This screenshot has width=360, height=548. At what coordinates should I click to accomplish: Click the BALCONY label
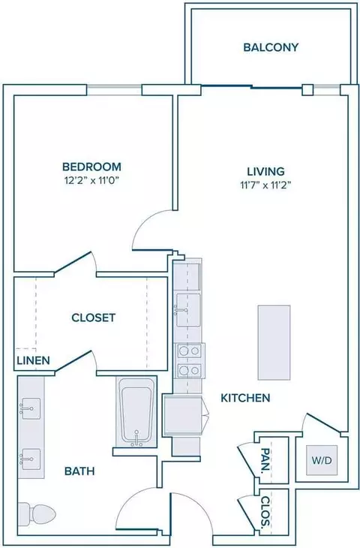tap(271, 47)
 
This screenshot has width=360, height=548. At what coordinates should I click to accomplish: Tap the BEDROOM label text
tap(91, 167)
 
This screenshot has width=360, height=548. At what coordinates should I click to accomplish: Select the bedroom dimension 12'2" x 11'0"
tap(91, 180)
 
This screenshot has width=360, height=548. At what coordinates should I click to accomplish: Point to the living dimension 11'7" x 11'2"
tap(265, 185)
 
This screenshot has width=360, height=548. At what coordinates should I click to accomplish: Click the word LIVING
tap(265, 171)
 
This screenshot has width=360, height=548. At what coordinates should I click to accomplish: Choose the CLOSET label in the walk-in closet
tap(93, 318)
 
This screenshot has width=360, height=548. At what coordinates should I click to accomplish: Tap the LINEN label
tap(34, 360)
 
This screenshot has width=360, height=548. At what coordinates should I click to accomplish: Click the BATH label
tap(79, 471)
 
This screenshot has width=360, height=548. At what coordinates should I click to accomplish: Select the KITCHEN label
tap(245, 398)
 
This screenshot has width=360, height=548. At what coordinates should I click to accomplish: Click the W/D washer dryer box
tap(322, 460)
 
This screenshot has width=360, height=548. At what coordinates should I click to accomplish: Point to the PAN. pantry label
tap(265, 460)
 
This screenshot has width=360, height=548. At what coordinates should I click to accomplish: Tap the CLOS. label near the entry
tap(265, 511)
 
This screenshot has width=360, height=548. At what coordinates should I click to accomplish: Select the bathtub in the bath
tap(136, 411)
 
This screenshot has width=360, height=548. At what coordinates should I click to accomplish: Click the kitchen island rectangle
tap(274, 342)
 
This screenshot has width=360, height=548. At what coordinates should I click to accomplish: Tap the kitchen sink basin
tap(188, 309)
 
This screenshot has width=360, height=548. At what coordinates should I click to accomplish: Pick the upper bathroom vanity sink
tap(31, 408)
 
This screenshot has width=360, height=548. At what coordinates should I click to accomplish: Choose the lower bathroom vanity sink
tap(31, 459)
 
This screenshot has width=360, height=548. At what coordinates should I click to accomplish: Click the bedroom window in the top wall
tap(114, 90)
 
